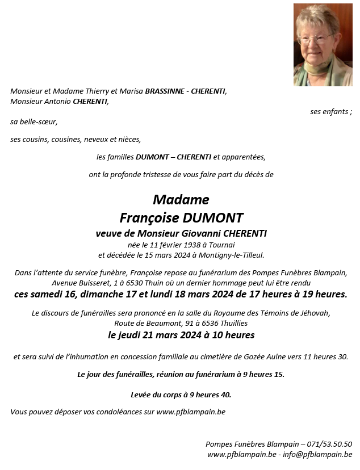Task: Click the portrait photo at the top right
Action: pos(323,45)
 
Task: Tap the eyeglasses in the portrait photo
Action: pos(314,39)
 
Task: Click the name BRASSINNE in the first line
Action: pos(164,91)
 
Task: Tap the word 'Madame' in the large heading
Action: pos(181,200)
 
